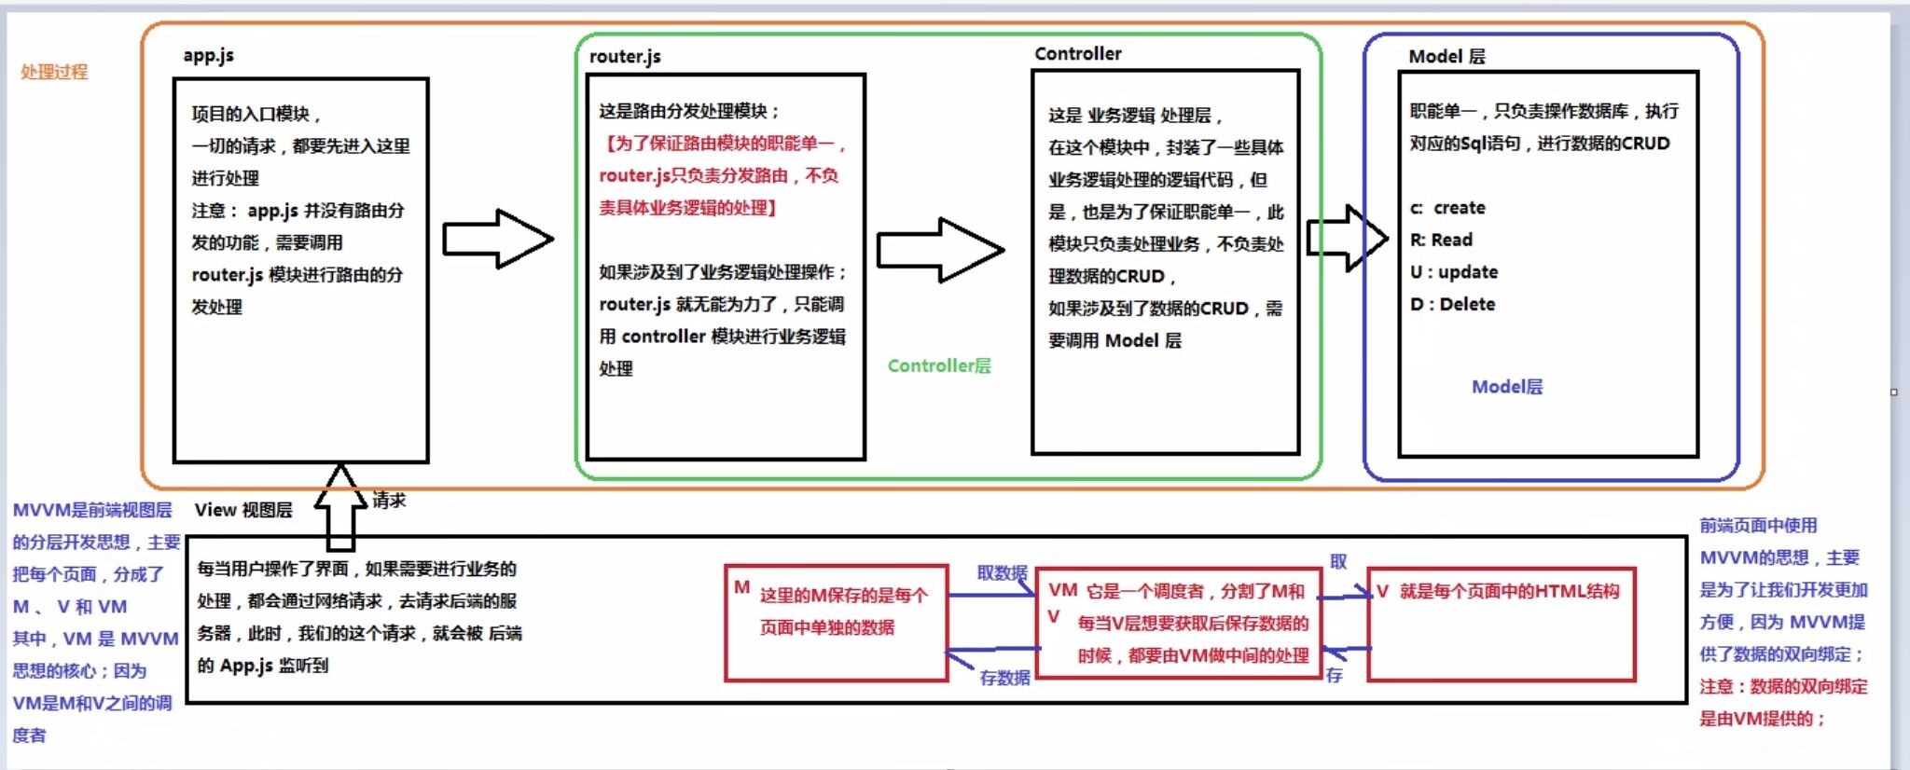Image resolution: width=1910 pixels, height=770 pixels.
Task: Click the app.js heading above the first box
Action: tap(208, 55)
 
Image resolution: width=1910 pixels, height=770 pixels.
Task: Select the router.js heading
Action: tap(625, 56)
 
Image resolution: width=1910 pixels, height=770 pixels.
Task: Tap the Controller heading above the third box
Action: tap(1077, 54)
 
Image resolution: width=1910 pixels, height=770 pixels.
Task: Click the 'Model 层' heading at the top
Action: tap(1446, 56)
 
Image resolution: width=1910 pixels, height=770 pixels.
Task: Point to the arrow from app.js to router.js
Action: tap(497, 239)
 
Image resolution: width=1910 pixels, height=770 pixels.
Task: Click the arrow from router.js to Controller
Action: tap(939, 250)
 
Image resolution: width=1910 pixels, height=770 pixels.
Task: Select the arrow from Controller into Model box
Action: tap(1347, 238)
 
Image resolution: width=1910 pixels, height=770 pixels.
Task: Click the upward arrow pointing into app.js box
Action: tap(340, 508)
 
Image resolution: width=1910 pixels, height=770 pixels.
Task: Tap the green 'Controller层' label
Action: tap(938, 365)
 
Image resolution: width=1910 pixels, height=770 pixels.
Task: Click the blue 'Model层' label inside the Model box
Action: tap(1506, 386)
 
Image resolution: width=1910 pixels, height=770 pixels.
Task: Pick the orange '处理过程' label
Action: tap(54, 72)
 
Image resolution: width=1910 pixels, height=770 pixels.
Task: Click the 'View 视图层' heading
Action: tap(243, 510)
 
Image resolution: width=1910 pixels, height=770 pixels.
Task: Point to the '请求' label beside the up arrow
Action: tap(389, 500)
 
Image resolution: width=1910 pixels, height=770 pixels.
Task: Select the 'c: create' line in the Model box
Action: tap(1447, 208)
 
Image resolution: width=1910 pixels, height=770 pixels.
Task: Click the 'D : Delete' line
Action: tap(1452, 304)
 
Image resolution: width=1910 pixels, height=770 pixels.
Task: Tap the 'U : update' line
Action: tap(1454, 272)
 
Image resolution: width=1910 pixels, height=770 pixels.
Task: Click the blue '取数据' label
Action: tap(1002, 572)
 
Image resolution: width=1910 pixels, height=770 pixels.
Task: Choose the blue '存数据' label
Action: tap(1004, 678)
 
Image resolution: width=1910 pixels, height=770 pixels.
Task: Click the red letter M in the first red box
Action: tap(741, 587)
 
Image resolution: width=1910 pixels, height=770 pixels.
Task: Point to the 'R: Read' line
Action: tap(1441, 240)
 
